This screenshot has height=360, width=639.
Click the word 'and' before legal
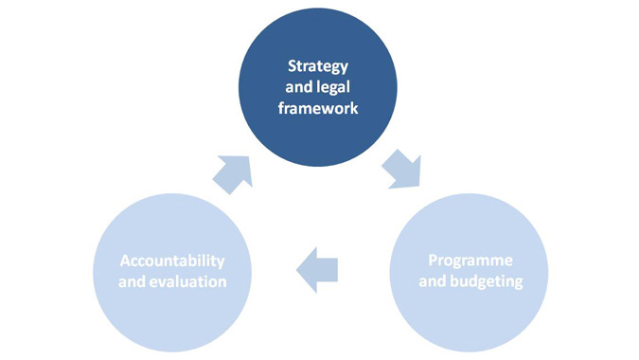coord(300,88)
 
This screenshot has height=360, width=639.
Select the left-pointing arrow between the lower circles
coord(317,270)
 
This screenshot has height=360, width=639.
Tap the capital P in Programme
coord(433,261)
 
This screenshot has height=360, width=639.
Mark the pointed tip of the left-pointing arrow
coord(298,270)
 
